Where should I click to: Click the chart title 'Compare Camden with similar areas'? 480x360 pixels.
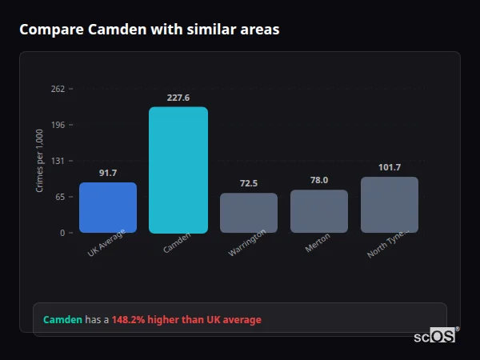[149, 30]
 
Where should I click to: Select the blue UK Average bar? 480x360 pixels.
[108, 208]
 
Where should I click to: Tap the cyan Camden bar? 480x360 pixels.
[178, 170]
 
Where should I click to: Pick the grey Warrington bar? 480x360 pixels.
[249, 213]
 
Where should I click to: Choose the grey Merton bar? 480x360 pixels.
[319, 211]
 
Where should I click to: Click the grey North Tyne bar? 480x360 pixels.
[390, 205]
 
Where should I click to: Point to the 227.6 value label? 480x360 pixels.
[178, 98]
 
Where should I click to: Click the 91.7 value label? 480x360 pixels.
[108, 173]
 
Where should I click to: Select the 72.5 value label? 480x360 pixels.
[249, 183]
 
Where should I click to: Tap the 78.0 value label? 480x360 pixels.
[319, 180]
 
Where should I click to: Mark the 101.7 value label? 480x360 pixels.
[390, 167]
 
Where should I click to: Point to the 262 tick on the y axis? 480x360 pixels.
[58, 89]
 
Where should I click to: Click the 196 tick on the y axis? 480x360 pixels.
[58, 125]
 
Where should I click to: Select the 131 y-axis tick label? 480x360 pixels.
[58, 161]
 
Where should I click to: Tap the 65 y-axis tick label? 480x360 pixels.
[60, 197]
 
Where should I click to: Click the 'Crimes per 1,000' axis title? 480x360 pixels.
[39, 161]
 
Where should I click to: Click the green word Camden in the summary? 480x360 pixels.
[62, 319]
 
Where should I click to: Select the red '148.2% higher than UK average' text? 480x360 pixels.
[186, 319]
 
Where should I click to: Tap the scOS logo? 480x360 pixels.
[435, 336]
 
